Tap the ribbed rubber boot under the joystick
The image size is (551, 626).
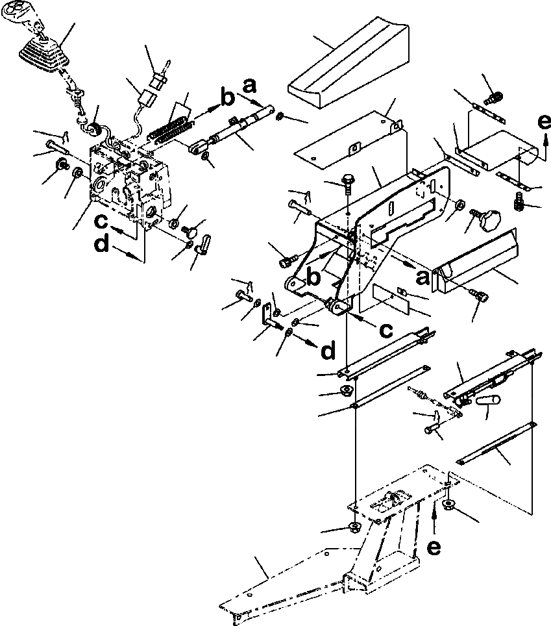point(42,53)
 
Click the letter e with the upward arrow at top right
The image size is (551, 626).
point(544,121)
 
